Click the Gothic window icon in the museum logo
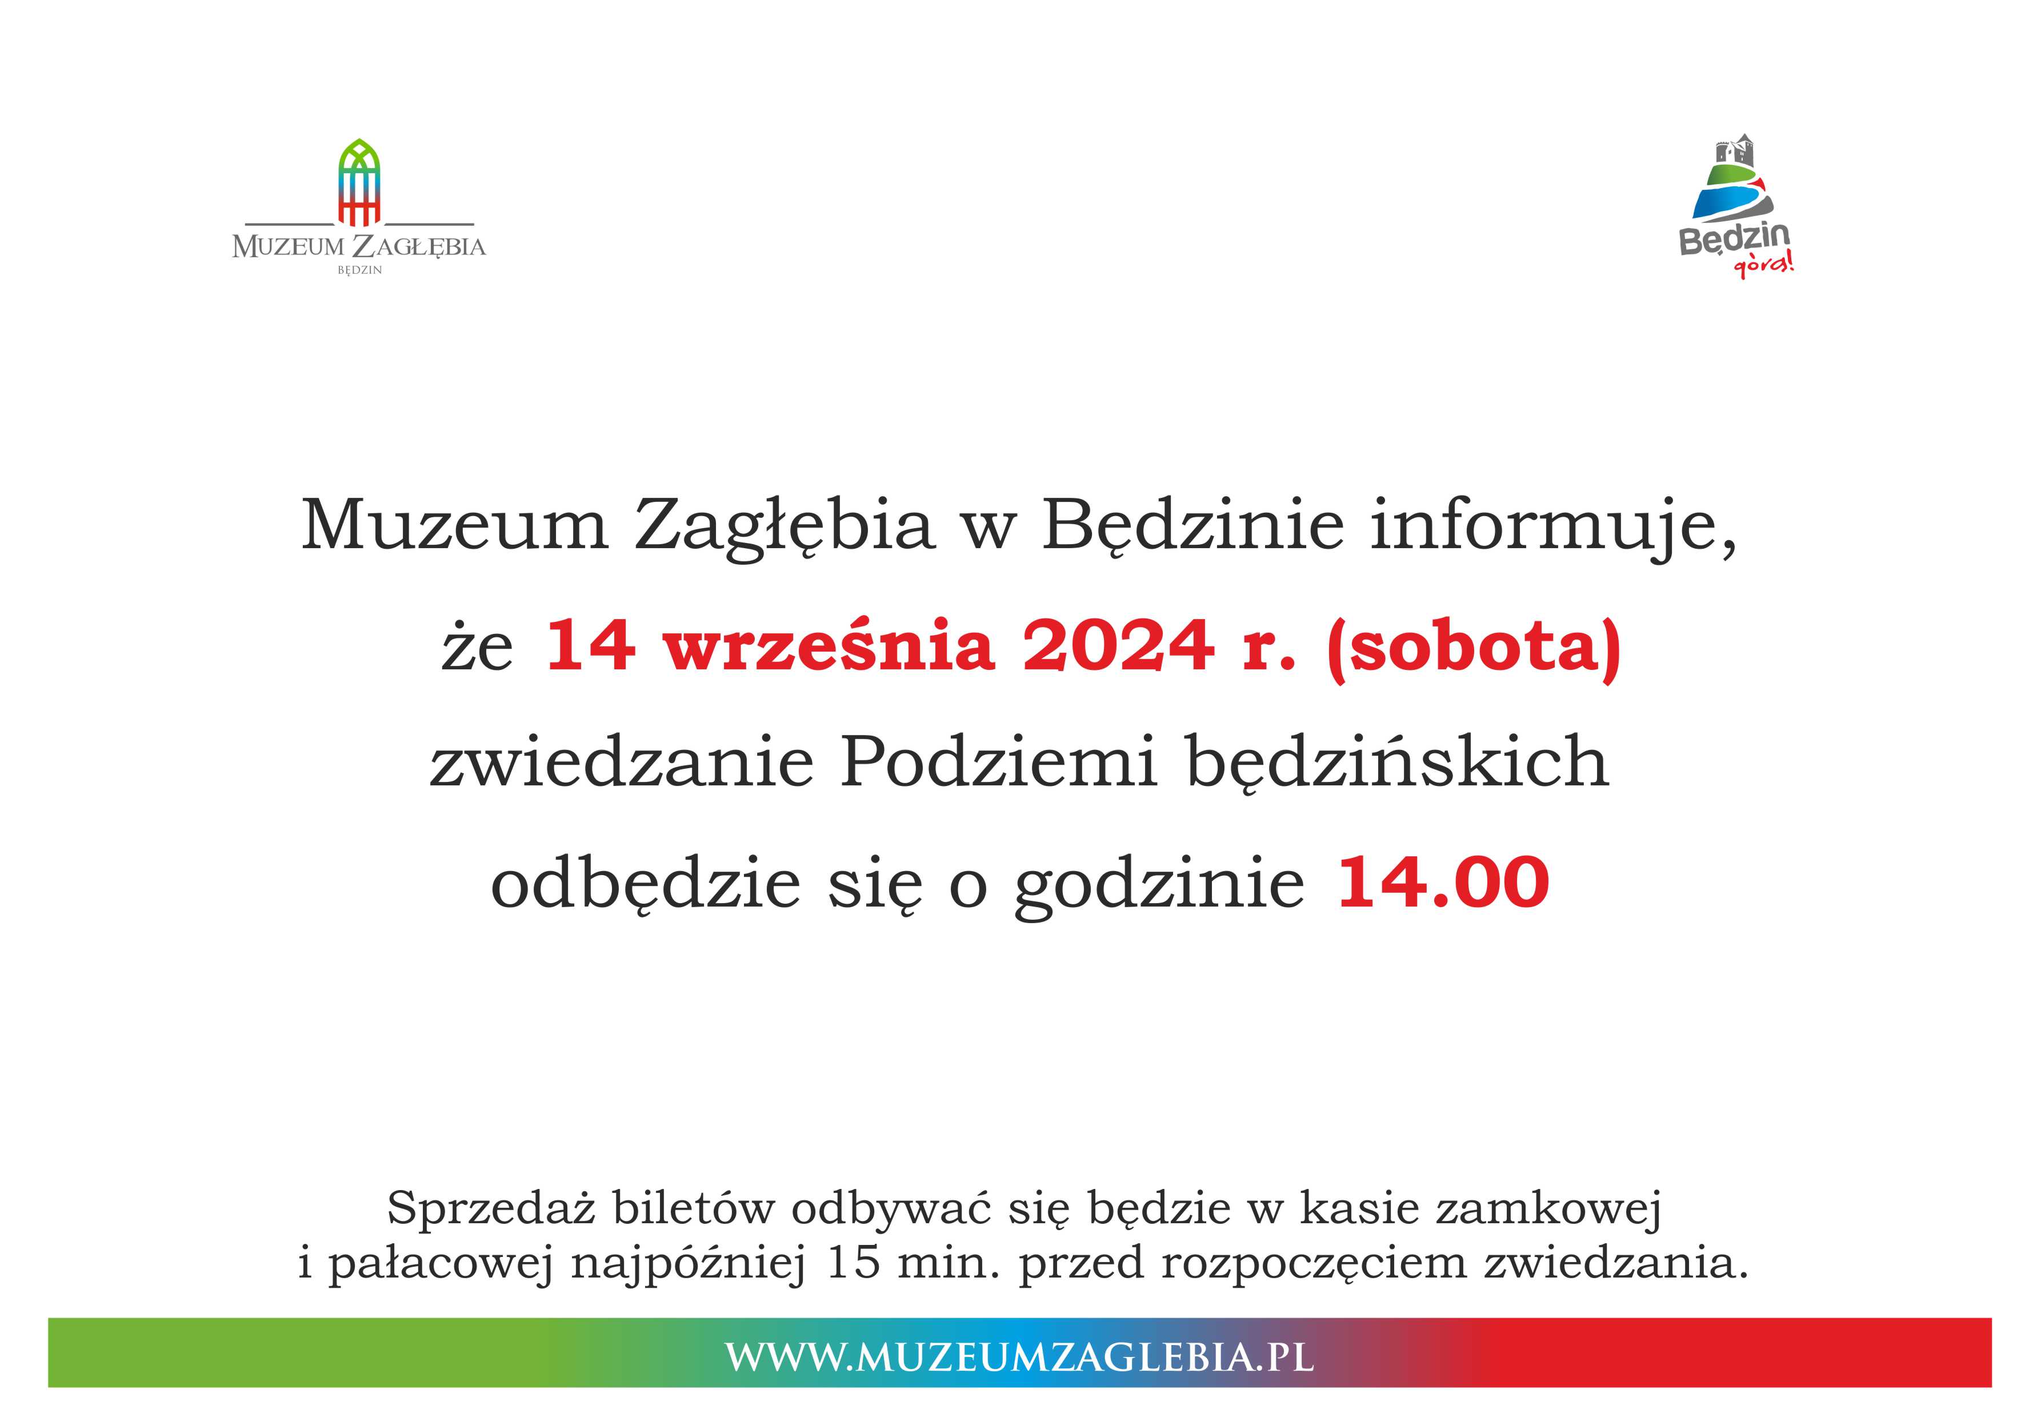click(359, 182)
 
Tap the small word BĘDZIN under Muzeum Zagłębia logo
click(359, 270)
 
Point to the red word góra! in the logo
click(1763, 265)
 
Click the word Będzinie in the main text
click(1192, 526)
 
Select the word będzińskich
click(1398, 763)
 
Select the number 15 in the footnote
click(854, 1263)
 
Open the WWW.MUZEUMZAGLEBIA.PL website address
click(1019, 1357)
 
